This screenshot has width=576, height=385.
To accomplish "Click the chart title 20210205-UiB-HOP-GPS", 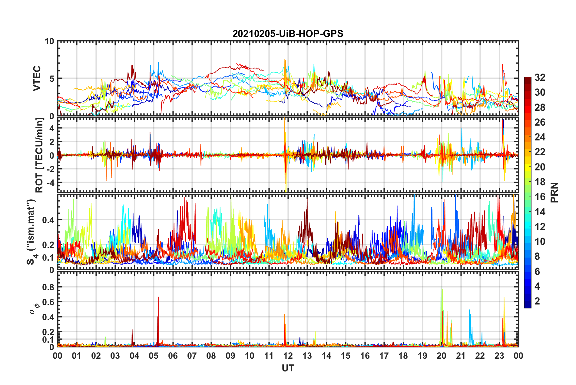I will click(x=288, y=34).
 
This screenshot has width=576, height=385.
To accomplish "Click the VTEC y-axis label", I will click(x=37, y=78).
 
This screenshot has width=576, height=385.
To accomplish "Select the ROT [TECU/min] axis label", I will click(x=39, y=155).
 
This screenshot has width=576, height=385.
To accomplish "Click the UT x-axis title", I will click(x=288, y=368).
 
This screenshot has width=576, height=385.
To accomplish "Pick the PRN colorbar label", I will click(x=554, y=192).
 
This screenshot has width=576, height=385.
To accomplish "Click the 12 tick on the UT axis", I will click(x=288, y=356).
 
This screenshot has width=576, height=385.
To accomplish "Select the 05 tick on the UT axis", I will click(x=154, y=356).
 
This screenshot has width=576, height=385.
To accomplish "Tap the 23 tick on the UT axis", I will click(x=499, y=356).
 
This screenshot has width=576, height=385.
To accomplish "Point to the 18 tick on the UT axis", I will click(x=403, y=356).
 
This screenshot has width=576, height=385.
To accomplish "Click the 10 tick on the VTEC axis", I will click(x=49, y=41).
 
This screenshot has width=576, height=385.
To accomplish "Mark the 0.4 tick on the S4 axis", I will click(x=48, y=220).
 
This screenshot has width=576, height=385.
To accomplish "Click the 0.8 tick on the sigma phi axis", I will click(x=48, y=287).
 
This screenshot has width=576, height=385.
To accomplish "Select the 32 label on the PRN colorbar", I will click(x=540, y=77).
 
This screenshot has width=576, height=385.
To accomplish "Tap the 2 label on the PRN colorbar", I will click(x=537, y=301).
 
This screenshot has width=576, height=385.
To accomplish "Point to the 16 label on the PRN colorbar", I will click(x=540, y=197).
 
